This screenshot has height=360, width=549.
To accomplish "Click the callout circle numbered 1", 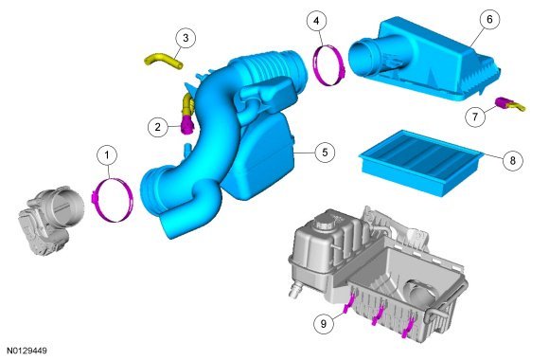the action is point(107,155).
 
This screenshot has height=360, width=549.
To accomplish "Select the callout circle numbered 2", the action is point(158,127).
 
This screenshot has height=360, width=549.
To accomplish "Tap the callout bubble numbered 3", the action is point(186,38).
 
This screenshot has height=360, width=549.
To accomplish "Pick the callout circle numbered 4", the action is point(316,21).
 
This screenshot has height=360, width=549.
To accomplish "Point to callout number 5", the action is point(325,153).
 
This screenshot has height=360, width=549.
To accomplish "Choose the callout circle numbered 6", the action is point(489,19).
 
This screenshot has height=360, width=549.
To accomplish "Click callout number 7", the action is point(475,116).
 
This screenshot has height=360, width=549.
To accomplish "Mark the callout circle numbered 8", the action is point(513,160).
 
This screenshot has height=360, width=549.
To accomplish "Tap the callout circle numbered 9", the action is point(324,323).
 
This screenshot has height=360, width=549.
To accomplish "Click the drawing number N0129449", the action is point(27,351).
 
